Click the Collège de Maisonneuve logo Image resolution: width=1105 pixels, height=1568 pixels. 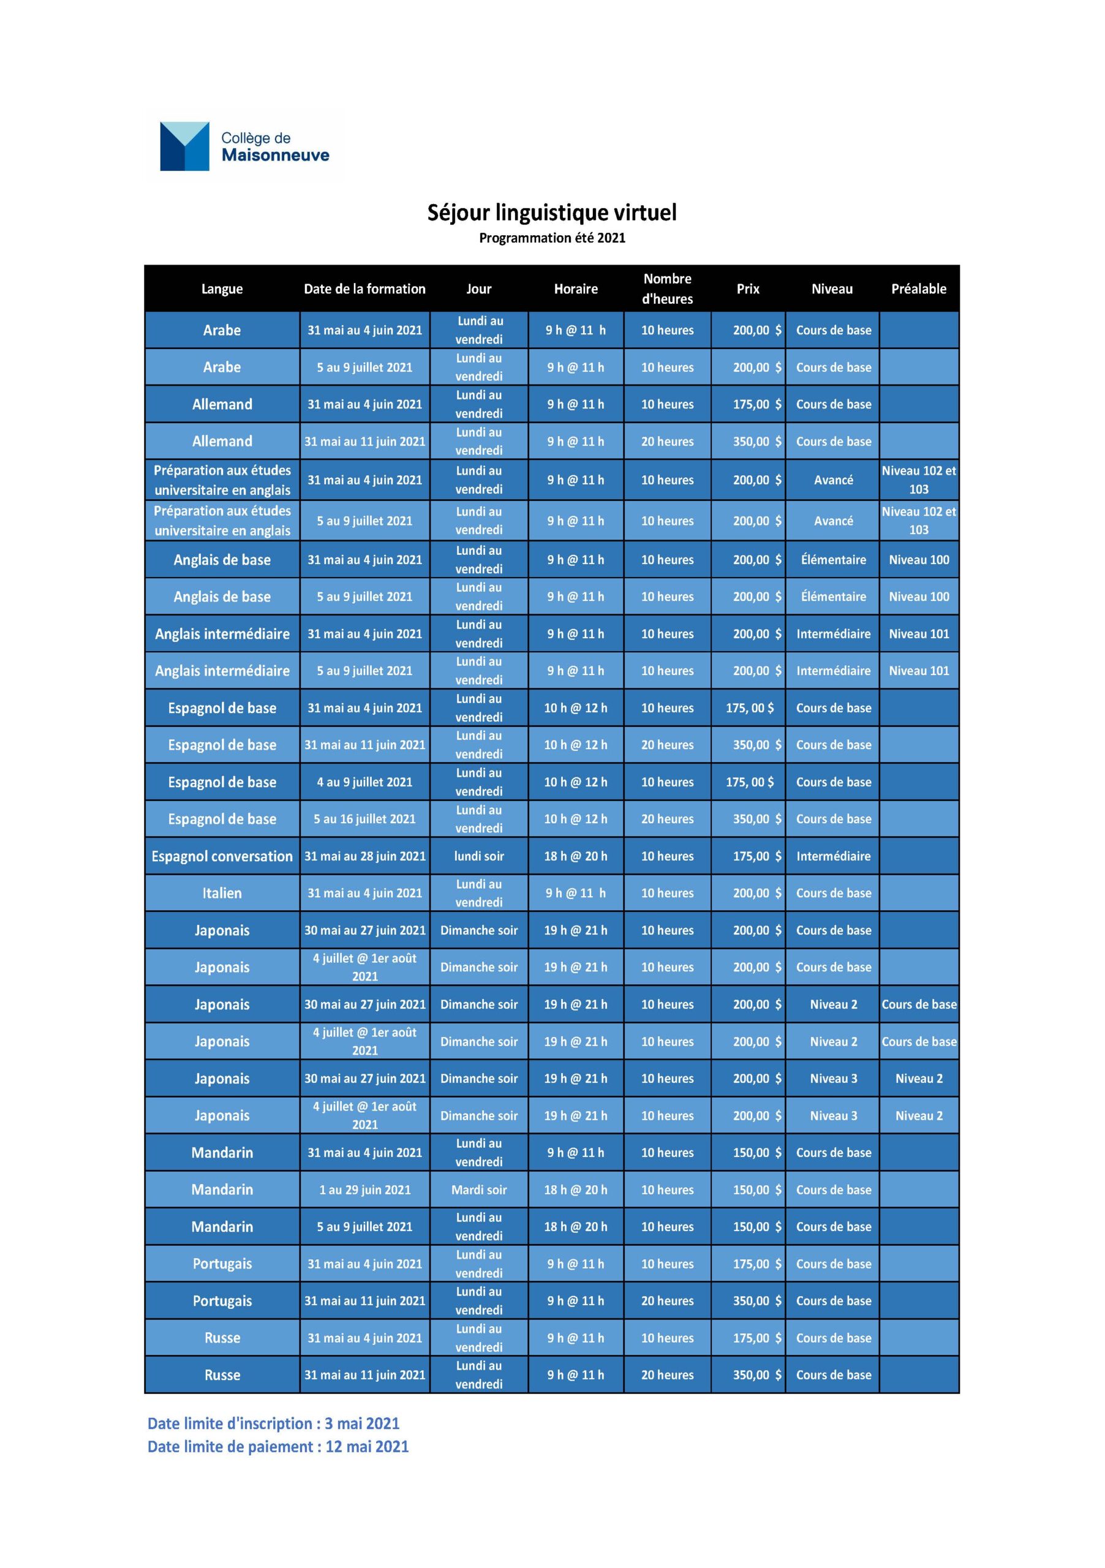(x=244, y=146)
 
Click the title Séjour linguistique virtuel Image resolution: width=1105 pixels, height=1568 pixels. (x=552, y=213)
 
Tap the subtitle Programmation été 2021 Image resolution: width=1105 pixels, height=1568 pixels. (x=552, y=238)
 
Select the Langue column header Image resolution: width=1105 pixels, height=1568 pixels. (x=222, y=289)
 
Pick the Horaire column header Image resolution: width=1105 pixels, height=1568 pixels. (x=575, y=289)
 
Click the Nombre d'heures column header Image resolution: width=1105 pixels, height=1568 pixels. (x=667, y=289)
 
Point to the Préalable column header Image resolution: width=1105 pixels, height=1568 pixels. (x=919, y=289)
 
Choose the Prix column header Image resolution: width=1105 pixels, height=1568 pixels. (x=748, y=289)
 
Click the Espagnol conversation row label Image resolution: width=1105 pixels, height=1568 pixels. (x=222, y=856)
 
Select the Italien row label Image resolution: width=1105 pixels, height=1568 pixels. (x=222, y=893)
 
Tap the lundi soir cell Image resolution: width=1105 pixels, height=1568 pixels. (x=479, y=856)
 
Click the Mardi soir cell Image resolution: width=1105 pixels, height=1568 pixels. (x=479, y=1189)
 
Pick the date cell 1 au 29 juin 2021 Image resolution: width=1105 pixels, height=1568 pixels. (x=364, y=1189)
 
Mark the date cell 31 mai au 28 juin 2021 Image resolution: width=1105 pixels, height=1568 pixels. (x=364, y=856)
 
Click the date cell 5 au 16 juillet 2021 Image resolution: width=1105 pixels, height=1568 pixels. (x=364, y=819)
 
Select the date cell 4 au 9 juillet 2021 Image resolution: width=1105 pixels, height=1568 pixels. (x=364, y=782)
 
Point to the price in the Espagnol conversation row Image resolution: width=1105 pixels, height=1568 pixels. (x=756, y=856)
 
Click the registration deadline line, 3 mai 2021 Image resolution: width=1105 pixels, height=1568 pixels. (x=273, y=1424)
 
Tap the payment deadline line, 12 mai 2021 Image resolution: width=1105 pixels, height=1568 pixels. (x=278, y=1447)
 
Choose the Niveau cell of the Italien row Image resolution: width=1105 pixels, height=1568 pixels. (x=833, y=893)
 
